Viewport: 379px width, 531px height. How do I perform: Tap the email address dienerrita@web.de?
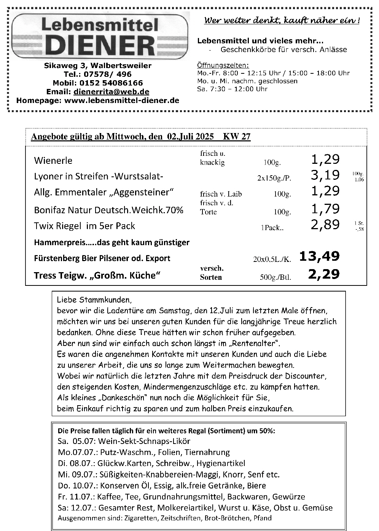click(111, 92)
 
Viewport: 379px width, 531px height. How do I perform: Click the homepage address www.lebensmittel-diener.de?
click(122, 100)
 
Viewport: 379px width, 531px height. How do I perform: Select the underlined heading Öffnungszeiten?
click(223, 65)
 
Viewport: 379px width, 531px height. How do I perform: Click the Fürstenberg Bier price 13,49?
click(319, 257)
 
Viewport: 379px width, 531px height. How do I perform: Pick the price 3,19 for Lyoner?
click(325, 175)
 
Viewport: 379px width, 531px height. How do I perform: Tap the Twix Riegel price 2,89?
click(325, 225)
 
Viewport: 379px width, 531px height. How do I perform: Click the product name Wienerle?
click(53, 160)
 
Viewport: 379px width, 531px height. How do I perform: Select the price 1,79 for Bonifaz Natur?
click(325, 208)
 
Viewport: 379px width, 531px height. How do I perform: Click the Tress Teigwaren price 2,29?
click(324, 274)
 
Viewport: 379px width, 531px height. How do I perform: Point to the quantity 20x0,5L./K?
click(272, 260)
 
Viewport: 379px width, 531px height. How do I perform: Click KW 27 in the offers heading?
click(237, 137)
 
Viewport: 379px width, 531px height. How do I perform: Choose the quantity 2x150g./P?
click(274, 177)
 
